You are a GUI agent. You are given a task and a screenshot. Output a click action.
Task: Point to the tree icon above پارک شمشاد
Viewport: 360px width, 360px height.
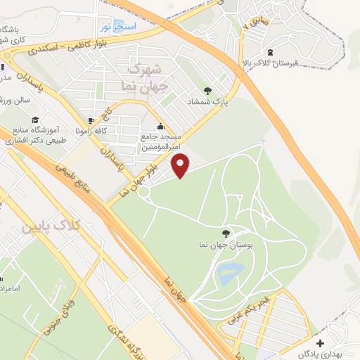pos(207,90)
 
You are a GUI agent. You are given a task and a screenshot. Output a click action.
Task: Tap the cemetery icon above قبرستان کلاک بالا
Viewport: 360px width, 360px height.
pos(271,51)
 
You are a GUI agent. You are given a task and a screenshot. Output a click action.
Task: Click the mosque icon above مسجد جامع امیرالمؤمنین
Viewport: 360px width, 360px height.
pos(162,127)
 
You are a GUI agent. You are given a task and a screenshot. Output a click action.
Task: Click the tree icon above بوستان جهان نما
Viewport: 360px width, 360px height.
pos(225,233)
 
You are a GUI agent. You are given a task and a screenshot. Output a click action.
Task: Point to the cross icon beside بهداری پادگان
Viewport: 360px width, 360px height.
pos(321,343)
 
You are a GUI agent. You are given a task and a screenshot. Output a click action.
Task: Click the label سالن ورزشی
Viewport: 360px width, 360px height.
pos(15,101)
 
